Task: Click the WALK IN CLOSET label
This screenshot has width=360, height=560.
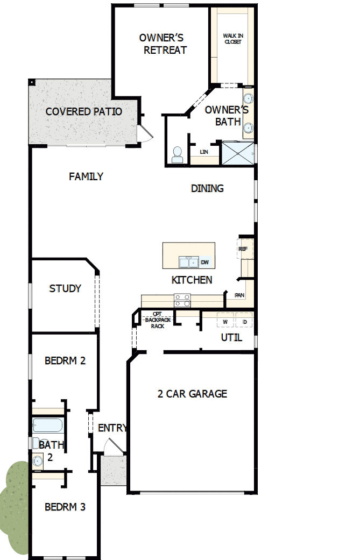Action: point(232,38)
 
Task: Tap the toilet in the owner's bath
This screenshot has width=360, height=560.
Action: point(177,155)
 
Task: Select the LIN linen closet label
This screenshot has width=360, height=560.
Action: point(204,152)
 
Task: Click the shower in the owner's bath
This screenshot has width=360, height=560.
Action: point(239,153)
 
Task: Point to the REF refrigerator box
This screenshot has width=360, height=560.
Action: point(243,249)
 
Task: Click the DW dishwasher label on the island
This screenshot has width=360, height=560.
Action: point(205,263)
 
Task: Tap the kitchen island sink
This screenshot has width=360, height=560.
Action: point(188,263)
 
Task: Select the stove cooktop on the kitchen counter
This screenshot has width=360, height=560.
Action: point(182,299)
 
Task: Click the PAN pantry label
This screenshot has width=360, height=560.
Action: point(239,295)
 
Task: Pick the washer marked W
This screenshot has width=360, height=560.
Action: point(226,322)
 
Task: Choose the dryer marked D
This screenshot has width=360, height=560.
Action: point(244,322)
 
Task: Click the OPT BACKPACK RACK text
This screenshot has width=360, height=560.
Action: point(157,320)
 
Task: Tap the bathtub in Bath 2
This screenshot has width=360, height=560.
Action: point(48,426)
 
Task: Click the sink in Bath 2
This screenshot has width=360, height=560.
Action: point(37,460)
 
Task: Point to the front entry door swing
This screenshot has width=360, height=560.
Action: point(112,446)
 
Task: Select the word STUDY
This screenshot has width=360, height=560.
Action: point(65,288)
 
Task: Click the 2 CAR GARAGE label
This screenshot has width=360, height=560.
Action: point(192,394)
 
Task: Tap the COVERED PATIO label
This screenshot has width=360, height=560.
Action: point(83,111)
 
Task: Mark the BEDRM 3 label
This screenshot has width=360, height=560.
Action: point(65,507)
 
